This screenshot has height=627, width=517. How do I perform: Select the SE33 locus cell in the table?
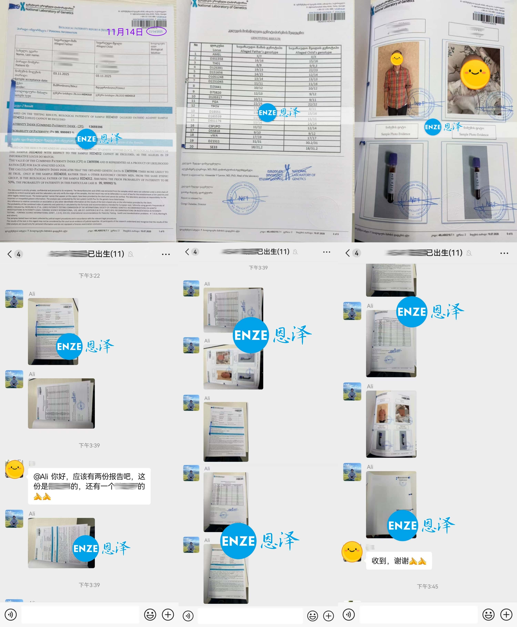click(214, 147)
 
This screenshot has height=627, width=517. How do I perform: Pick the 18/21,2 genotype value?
click(257, 147)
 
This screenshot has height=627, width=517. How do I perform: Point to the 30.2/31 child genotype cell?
click(312, 143)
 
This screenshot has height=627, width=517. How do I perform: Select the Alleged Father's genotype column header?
click(259, 50)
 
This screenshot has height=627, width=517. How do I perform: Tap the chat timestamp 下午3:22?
click(89, 276)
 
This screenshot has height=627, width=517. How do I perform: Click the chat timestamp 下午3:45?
click(427, 586)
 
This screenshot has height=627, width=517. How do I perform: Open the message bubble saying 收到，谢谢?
click(398, 561)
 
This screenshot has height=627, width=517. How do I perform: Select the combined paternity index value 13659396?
click(95, 127)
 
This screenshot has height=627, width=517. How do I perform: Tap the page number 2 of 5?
click(336, 234)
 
